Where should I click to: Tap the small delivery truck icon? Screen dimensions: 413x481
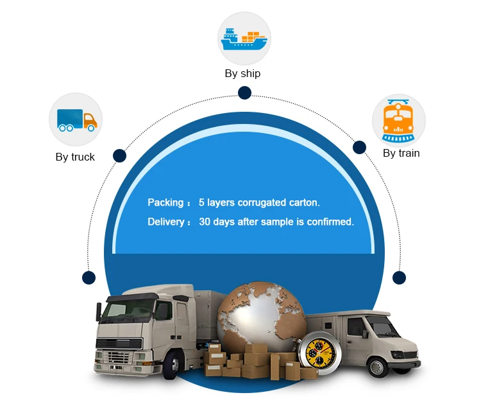coord(76,119)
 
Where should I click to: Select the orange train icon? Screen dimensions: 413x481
coord(398,121)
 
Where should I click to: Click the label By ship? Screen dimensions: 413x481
coord(242,73)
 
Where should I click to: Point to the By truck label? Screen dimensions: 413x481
coord(75,157)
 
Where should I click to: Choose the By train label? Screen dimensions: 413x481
coord(401,153)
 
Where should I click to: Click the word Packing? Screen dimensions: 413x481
coord(165,202)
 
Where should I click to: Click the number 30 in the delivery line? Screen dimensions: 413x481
coord(205,222)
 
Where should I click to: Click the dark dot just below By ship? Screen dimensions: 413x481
coord(244,93)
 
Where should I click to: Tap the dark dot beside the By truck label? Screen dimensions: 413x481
coord(119,155)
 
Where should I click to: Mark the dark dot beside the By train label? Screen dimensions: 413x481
coord(360,147)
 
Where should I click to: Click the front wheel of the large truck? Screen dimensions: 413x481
coord(171,365)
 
